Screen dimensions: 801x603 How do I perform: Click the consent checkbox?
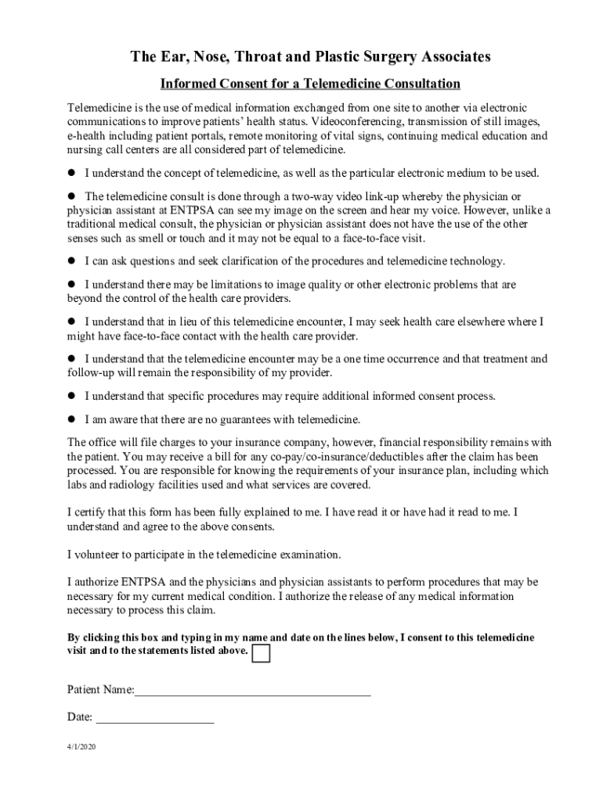(x=262, y=653)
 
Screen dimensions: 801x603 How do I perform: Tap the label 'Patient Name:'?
(x=101, y=690)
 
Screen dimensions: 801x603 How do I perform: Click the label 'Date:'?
(x=80, y=717)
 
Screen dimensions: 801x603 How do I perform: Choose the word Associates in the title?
(x=452, y=57)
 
